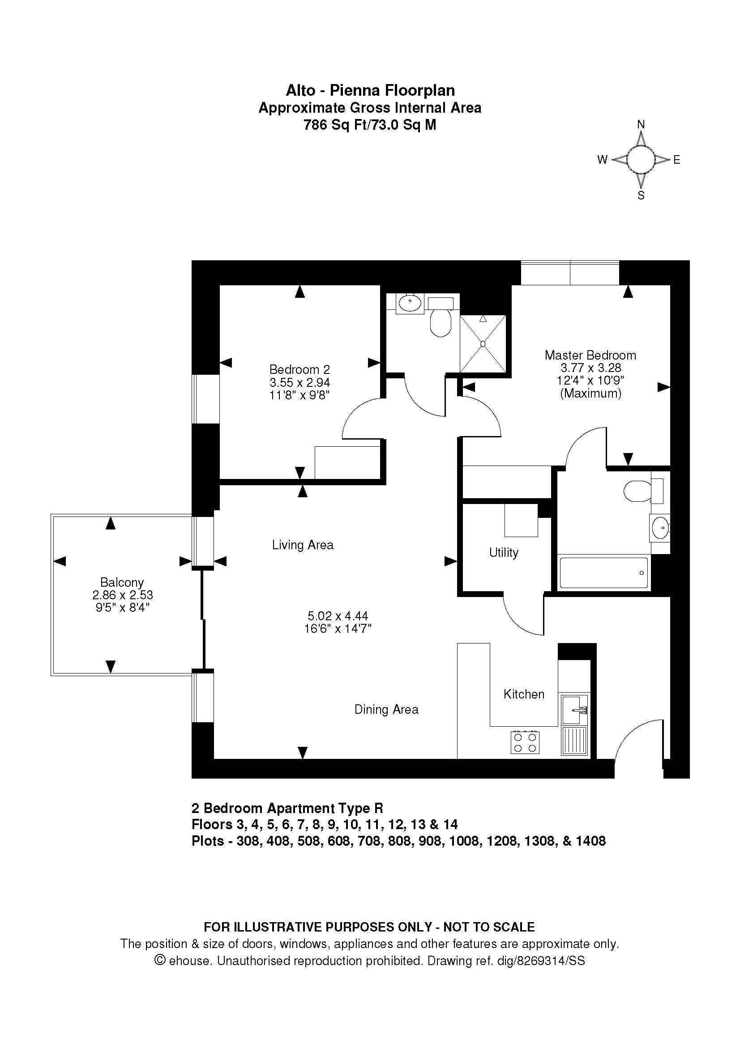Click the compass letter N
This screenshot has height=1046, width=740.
pyautogui.click(x=641, y=124)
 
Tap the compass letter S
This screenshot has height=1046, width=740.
pyautogui.click(x=641, y=195)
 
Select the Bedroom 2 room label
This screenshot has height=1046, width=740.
pyautogui.click(x=299, y=369)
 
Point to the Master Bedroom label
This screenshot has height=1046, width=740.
pyautogui.click(x=590, y=355)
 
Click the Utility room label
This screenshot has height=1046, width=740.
pyautogui.click(x=504, y=553)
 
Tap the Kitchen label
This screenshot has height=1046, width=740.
pyautogui.click(x=524, y=695)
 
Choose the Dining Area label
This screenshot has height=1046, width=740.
pyautogui.click(x=386, y=709)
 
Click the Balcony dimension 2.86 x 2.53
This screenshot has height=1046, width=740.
pyautogui.click(x=122, y=595)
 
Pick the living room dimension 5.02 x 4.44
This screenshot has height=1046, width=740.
pyautogui.click(x=338, y=616)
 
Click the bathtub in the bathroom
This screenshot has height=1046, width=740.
pyautogui.click(x=603, y=573)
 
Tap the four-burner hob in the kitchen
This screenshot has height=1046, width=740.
pyautogui.click(x=525, y=743)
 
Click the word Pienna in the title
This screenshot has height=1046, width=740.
pyautogui.click(x=355, y=91)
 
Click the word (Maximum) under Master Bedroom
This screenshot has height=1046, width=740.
pyautogui.click(x=590, y=393)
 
